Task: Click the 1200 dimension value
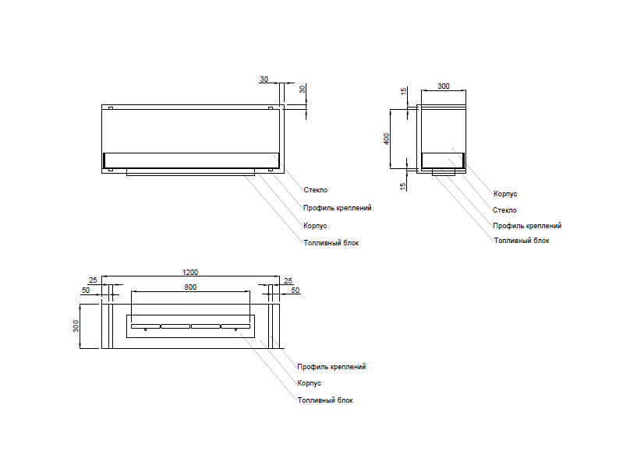(x=190, y=273)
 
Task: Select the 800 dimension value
(x=190, y=287)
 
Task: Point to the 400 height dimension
(x=387, y=139)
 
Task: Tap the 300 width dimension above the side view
(x=444, y=86)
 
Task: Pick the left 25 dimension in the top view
(x=93, y=280)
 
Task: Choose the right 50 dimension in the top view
(x=296, y=291)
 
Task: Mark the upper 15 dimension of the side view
(x=404, y=92)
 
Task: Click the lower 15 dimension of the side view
(x=404, y=185)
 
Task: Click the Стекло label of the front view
(x=316, y=190)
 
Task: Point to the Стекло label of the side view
(x=504, y=210)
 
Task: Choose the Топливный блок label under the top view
(x=325, y=400)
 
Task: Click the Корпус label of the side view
(x=506, y=194)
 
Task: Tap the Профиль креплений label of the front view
(x=337, y=208)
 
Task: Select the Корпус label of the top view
(x=310, y=383)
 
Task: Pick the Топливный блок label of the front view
(x=331, y=243)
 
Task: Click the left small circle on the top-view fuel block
(x=146, y=330)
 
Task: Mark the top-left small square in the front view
(x=111, y=108)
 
